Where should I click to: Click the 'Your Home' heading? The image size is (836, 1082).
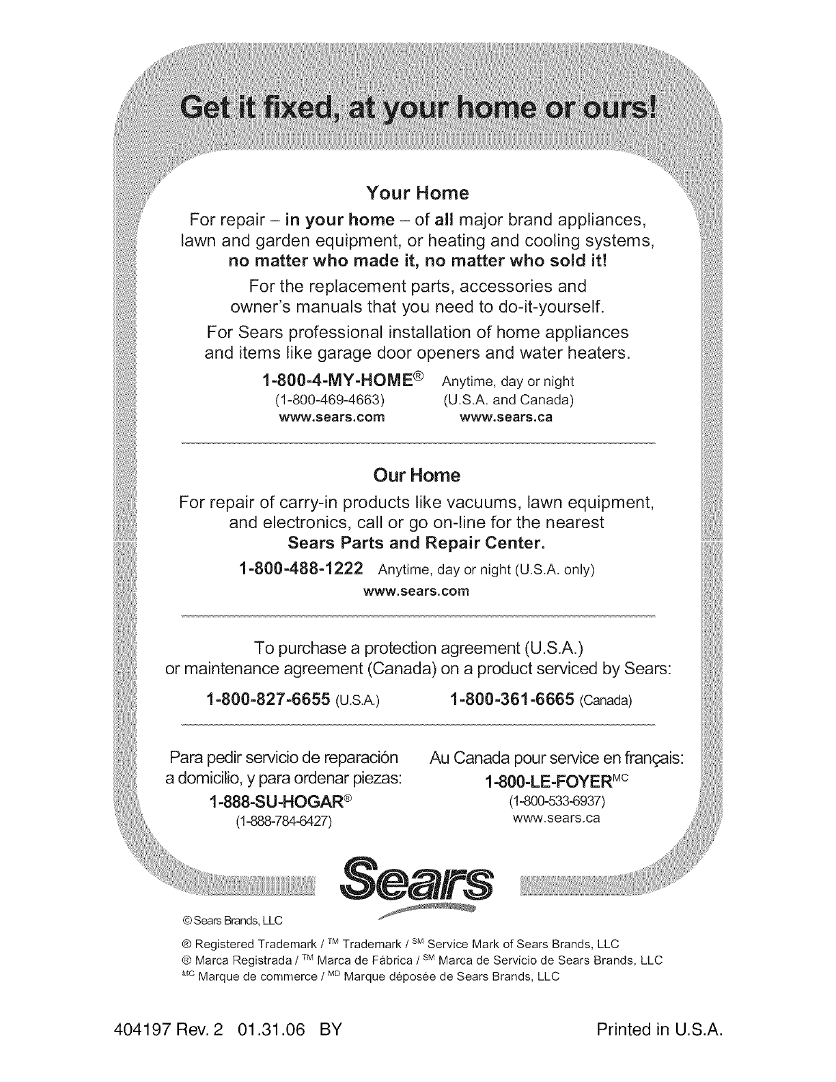pos(417,193)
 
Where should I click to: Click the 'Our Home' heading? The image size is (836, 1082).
pos(417,475)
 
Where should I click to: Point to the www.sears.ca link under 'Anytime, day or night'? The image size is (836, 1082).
pos(507,417)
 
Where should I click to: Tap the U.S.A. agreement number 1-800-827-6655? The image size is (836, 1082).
pos(268,699)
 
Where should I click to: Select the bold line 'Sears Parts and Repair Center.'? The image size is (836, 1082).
pos(417,544)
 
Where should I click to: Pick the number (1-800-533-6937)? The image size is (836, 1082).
pos(554,800)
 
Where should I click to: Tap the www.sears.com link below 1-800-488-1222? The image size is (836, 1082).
pos(418,591)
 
